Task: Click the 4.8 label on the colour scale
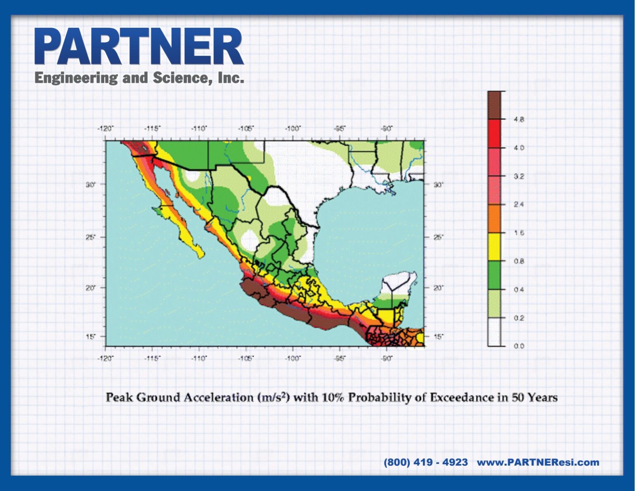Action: (519, 119)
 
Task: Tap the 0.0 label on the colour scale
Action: (519, 346)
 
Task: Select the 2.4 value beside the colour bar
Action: (519, 205)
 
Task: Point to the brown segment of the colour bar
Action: (494, 105)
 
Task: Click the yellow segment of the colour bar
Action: (494, 247)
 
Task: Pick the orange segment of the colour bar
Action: (494, 218)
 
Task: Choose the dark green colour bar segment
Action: (494, 275)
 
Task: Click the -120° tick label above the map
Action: (105, 129)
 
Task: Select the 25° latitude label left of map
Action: (89, 237)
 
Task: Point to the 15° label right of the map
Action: (438, 336)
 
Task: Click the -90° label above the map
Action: (387, 129)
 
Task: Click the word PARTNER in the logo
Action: (139, 46)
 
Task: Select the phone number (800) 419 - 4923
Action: (425, 462)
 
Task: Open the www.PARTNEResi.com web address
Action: (538, 462)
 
